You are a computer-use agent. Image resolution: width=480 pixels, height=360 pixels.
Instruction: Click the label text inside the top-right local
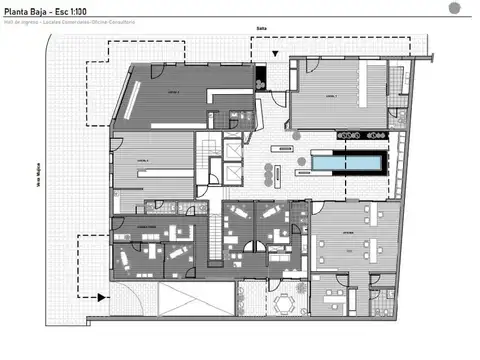click(x=331, y=95)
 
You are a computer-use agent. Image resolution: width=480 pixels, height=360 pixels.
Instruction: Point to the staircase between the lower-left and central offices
click(x=212, y=241)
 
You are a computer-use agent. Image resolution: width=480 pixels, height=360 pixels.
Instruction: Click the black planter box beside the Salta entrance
click(x=260, y=75)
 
